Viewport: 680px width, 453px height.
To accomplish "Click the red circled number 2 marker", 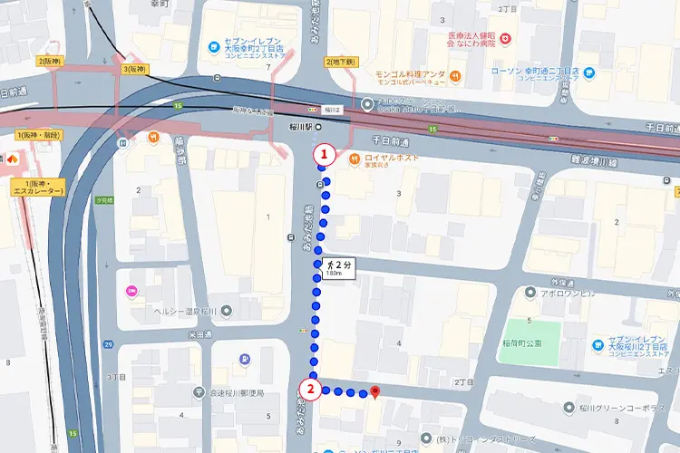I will click(310, 391).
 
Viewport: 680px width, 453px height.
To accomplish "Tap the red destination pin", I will click(375, 391).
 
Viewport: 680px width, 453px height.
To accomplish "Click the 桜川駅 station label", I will click(300, 127).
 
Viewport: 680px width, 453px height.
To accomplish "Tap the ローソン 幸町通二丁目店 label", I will click(532, 74).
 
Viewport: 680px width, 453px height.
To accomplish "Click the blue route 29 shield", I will click(109, 345).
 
